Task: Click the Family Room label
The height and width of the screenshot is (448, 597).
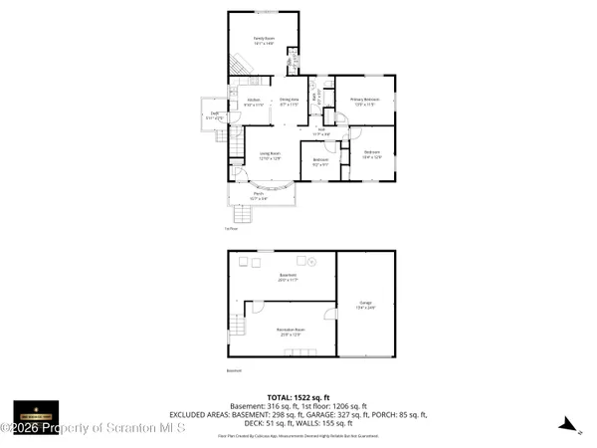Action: (263, 39)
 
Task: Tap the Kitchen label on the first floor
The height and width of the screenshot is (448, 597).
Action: (253, 101)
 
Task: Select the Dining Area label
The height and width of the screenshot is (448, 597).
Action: (290, 101)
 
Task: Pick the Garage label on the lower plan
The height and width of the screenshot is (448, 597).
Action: (366, 304)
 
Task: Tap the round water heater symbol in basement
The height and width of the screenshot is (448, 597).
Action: (311, 262)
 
